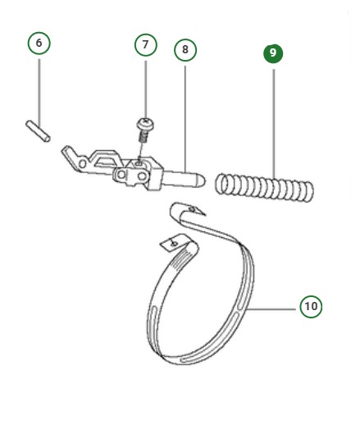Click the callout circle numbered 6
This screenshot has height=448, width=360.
pyautogui.click(x=39, y=43)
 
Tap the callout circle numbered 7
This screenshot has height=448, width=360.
pyautogui.click(x=145, y=44)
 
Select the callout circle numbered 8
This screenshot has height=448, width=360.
pyautogui.click(x=185, y=50)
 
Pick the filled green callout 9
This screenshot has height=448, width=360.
pyautogui.click(x=273, y=53)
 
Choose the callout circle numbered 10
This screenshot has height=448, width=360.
pyautogui.click(x=310, y=307)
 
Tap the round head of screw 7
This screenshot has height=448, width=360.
pyautogui.click(x=145, y=123)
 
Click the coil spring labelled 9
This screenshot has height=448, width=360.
pyautogui.click(x=264, y=186)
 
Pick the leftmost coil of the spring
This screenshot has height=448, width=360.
pyautogui.click(x=221, y=184)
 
